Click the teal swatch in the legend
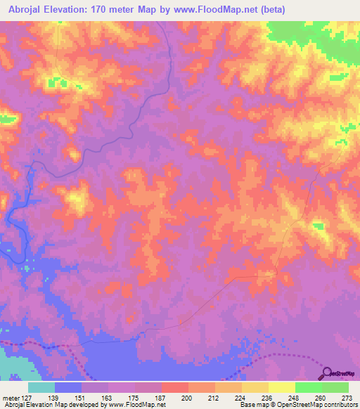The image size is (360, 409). click(41, 387)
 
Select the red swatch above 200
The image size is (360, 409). click(174, 387)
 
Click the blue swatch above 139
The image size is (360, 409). click(68, 387)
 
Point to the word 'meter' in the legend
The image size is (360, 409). click(11, 397)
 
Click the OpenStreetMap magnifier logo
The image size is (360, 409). click(326, 373)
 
